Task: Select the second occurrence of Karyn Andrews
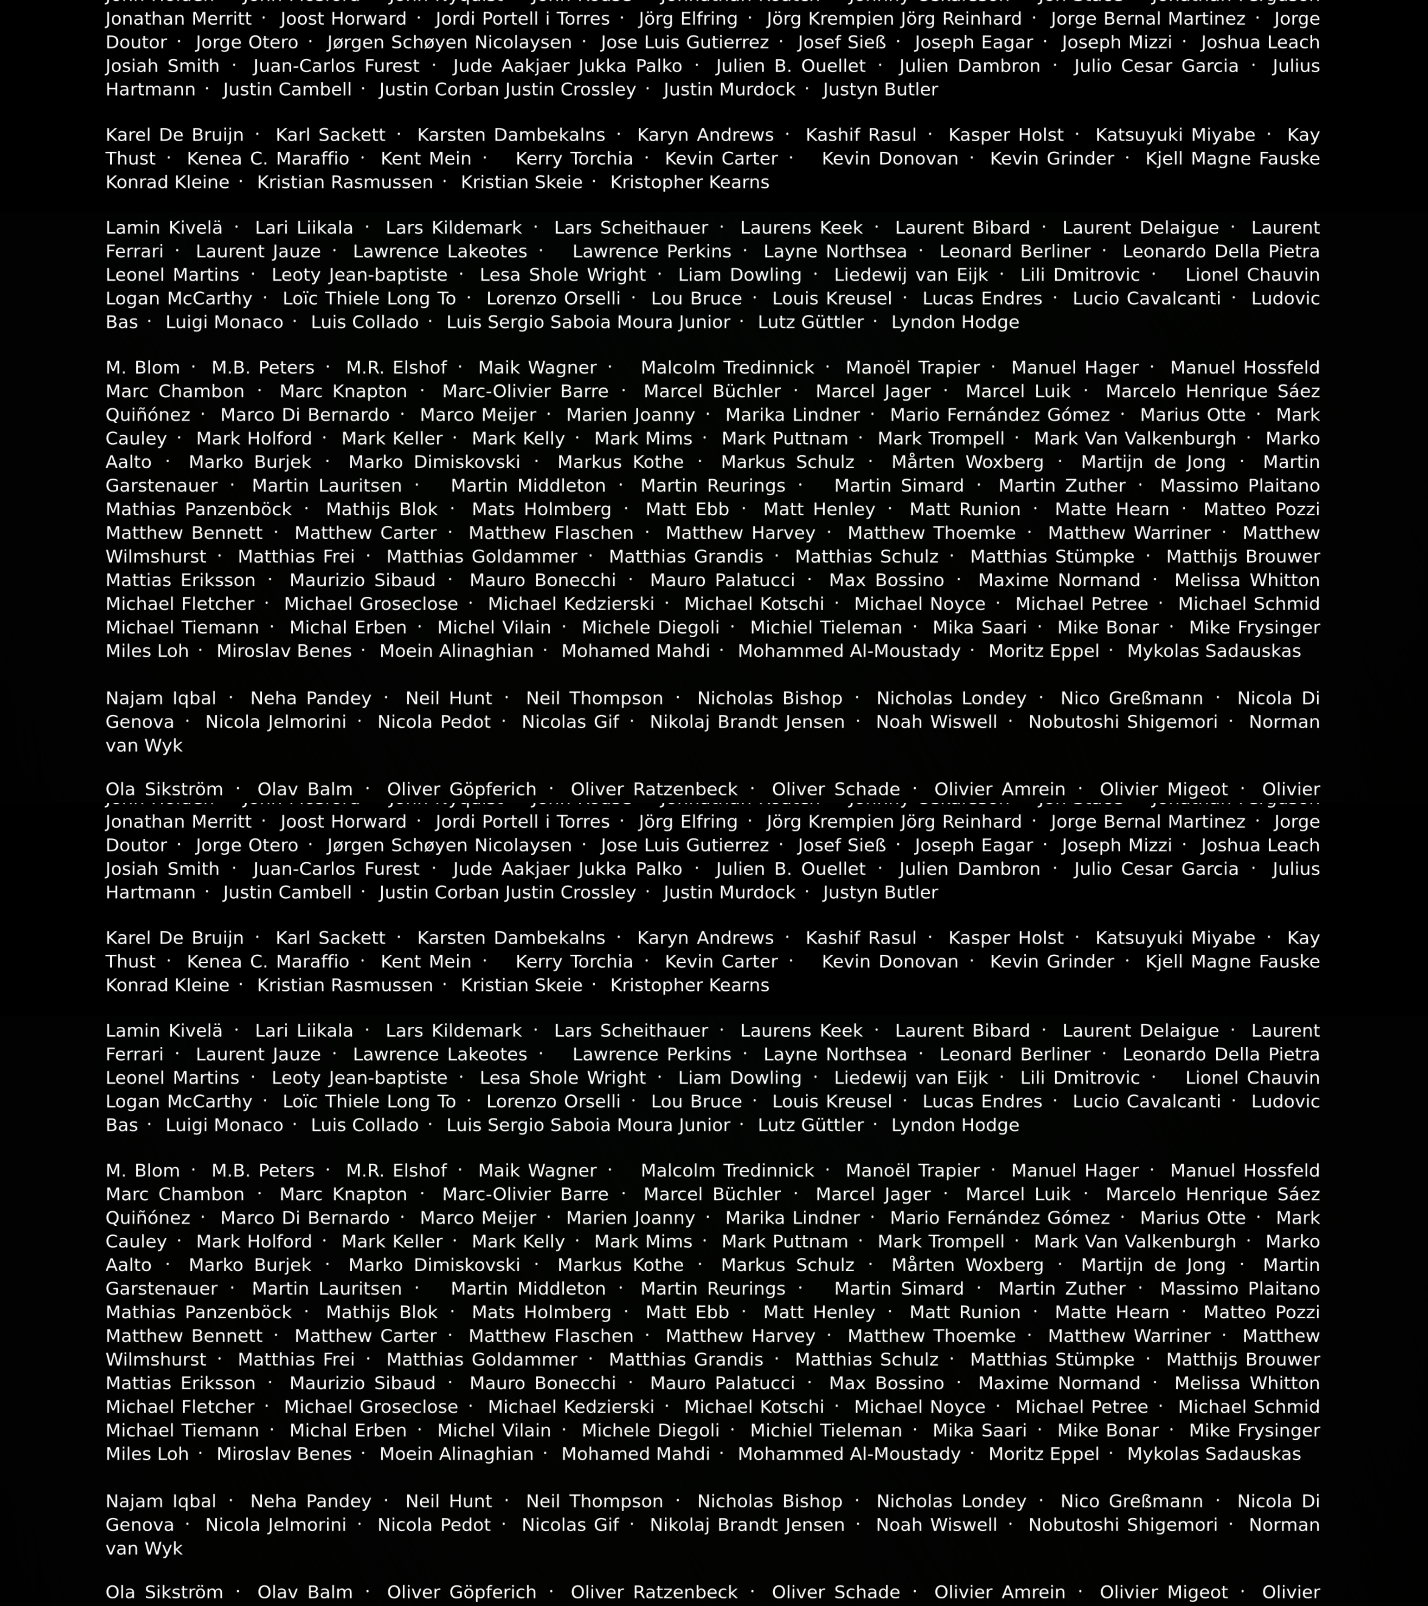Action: pos(705,938)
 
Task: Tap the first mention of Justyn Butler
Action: pos(880,90)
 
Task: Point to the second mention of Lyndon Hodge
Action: pos(955,1125)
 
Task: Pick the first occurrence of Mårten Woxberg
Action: pos(967,462)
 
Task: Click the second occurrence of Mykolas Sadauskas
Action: pos(1214,1454)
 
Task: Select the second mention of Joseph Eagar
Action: pos(974,845)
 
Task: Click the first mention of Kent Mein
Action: pos(426,159)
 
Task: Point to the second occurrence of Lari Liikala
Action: pos(304,1031)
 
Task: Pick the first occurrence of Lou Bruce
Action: pos(696,299)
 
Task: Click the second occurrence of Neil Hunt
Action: pos(449,1501)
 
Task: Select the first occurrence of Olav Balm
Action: pos(305,789)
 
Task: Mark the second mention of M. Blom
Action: pos(142,1171)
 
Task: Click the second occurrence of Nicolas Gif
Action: pos(570,1525)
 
